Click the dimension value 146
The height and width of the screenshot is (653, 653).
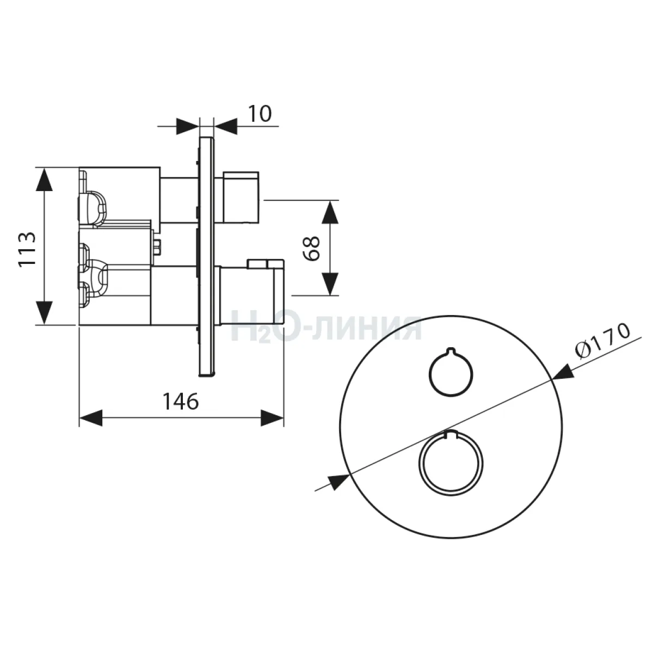(x=181, y=402)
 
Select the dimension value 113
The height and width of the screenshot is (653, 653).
(x=27, y=250)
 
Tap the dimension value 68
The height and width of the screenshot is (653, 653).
(x=312, y=248)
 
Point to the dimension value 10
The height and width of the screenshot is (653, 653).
(x=260, y=114)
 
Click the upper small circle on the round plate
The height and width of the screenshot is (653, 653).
(x=451, y=372)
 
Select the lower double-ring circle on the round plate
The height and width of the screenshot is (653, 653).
(x=451, y=464)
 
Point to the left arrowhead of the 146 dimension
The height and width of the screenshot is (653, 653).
(x=91, y=418)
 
